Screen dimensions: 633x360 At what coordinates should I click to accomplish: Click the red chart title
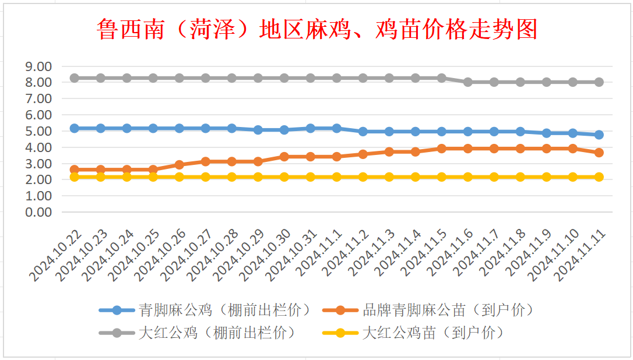click(317, 29)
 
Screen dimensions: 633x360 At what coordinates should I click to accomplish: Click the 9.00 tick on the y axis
click(38, 66)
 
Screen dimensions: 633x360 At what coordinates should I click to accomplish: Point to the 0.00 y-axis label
click(38, 212)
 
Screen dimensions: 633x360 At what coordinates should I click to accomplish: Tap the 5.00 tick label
click(38, 131)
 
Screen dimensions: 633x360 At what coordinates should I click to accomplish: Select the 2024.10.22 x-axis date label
click(56, 256)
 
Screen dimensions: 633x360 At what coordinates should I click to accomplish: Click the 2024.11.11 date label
click(581, 256)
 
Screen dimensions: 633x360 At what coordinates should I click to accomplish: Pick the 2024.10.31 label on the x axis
click(292, 256)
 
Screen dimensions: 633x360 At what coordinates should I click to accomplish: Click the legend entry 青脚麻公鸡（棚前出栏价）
click(206, 310)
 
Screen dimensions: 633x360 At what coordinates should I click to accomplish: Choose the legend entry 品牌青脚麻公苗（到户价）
click(430, 310)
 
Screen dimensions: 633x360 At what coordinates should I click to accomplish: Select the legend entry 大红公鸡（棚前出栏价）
click(199, 333)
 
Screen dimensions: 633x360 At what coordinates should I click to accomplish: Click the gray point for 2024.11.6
click(468, 82)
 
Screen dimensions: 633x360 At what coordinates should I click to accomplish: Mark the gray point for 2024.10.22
click(74, 78)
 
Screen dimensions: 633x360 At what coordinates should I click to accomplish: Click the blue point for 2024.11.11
click(599, 135)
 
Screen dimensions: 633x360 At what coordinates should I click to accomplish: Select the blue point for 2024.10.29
click(258, 130)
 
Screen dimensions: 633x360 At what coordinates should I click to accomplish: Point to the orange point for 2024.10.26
click(180, 165)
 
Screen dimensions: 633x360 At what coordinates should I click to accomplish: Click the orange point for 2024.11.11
click(599, 153)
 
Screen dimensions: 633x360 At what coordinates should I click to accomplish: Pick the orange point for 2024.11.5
click(442, 149)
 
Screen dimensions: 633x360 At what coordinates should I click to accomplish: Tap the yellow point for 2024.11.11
click(599, 177)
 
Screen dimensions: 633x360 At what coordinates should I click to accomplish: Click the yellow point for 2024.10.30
click(284, 177)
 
